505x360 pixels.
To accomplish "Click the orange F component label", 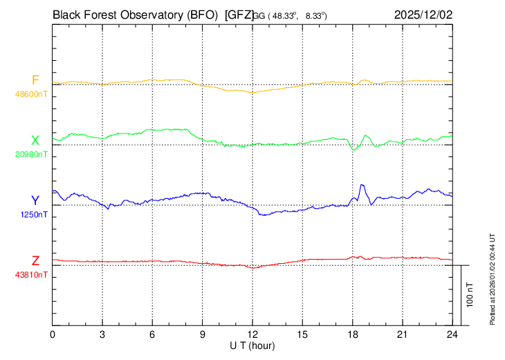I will coord(35,80).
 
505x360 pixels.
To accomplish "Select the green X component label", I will coord(35,141).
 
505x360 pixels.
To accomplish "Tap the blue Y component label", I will coord(35,200).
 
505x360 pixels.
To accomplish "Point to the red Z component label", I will coord(35,260).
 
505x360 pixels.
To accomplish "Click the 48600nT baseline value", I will coord(31,93).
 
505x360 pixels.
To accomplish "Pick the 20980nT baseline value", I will coord(31,154).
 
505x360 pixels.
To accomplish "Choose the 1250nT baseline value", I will coord(34,214).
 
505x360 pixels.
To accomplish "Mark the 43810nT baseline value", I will coord(31,274).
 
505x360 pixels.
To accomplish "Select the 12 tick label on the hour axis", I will coord(252,334).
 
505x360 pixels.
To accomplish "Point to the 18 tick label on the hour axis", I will coord(352,334).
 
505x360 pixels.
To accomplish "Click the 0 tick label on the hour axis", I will coord(53,334).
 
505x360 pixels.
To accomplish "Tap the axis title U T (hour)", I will coord(253,345).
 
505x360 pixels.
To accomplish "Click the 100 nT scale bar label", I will coord(470,294).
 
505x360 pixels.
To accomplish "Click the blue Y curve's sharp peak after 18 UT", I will coord(362,186).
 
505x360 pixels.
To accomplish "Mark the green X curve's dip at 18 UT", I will coord(353,150).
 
